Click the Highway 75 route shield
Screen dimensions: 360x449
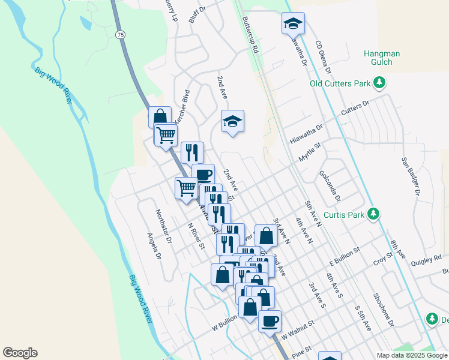[x=121, y=35]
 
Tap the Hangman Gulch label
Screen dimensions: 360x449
[x=382, y=58]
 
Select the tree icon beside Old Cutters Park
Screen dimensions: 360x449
[x=379, y=82]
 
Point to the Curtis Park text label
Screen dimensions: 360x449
[x=345, y=214]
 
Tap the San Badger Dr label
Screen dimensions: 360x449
[x=410, y=177]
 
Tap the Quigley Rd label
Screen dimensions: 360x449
[x=426, y=260]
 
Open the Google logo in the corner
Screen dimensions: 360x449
[x=20, y=353]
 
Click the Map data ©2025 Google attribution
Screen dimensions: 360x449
[x=412, y=355]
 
